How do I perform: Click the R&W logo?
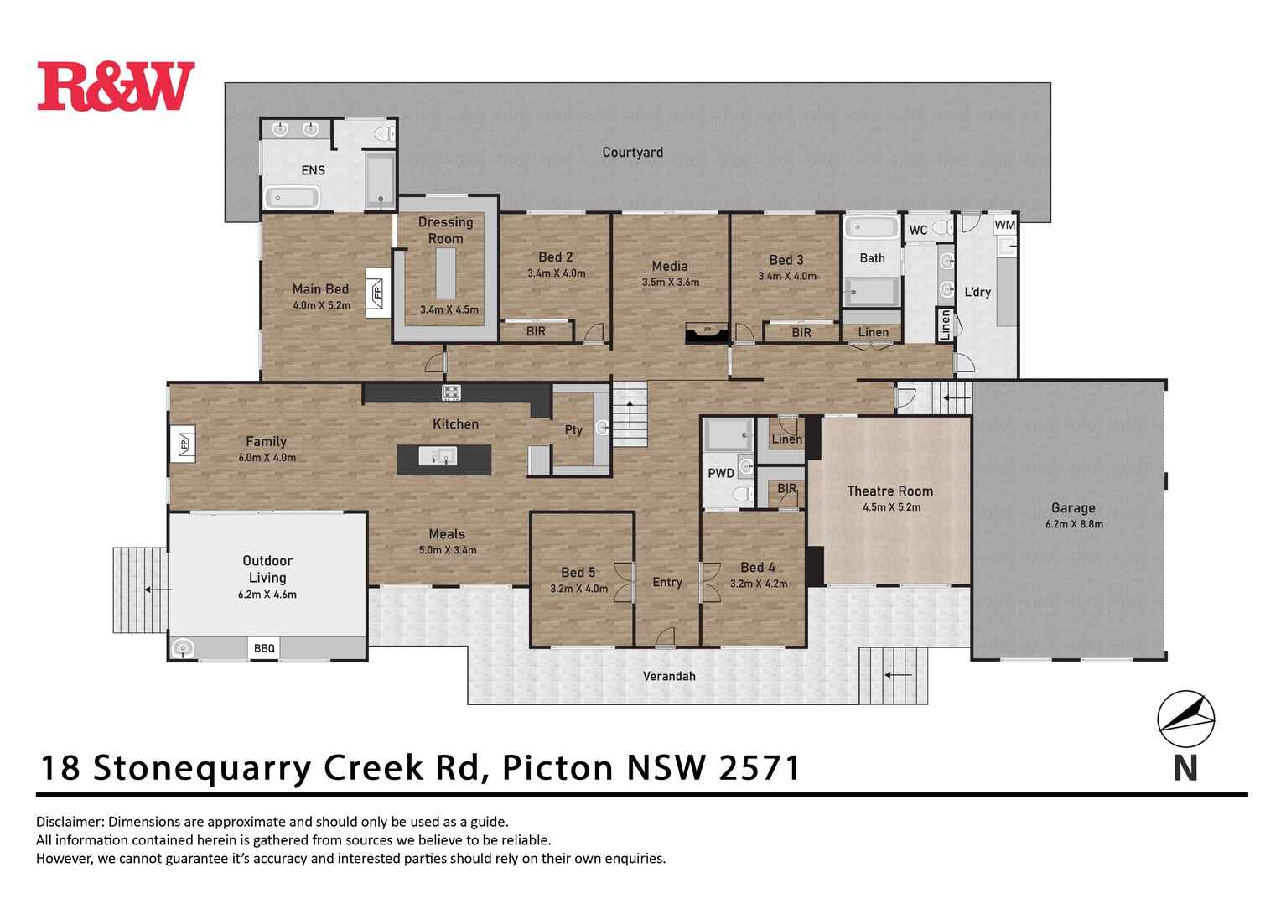(116, 86)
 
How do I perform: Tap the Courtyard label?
(632, 152)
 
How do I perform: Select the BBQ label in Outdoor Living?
(265, 648)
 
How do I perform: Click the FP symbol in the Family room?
(183, 444)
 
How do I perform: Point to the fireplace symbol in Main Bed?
(377, 293)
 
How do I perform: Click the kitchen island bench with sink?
(443, 459)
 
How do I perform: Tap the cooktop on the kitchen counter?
(452, 392)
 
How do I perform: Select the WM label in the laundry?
(1004, 225)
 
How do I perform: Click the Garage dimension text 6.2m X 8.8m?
(1073, 524)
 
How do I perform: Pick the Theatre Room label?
(889, 491)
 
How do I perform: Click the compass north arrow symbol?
(1185, 719)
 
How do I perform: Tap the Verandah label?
(669, 676)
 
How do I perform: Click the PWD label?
(720, 473)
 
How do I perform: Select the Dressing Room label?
(445, 230)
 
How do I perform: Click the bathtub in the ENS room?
(292, 198)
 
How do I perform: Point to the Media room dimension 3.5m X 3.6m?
(670, 283)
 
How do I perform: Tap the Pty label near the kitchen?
(573, 430)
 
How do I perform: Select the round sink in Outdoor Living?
(183, 648)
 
